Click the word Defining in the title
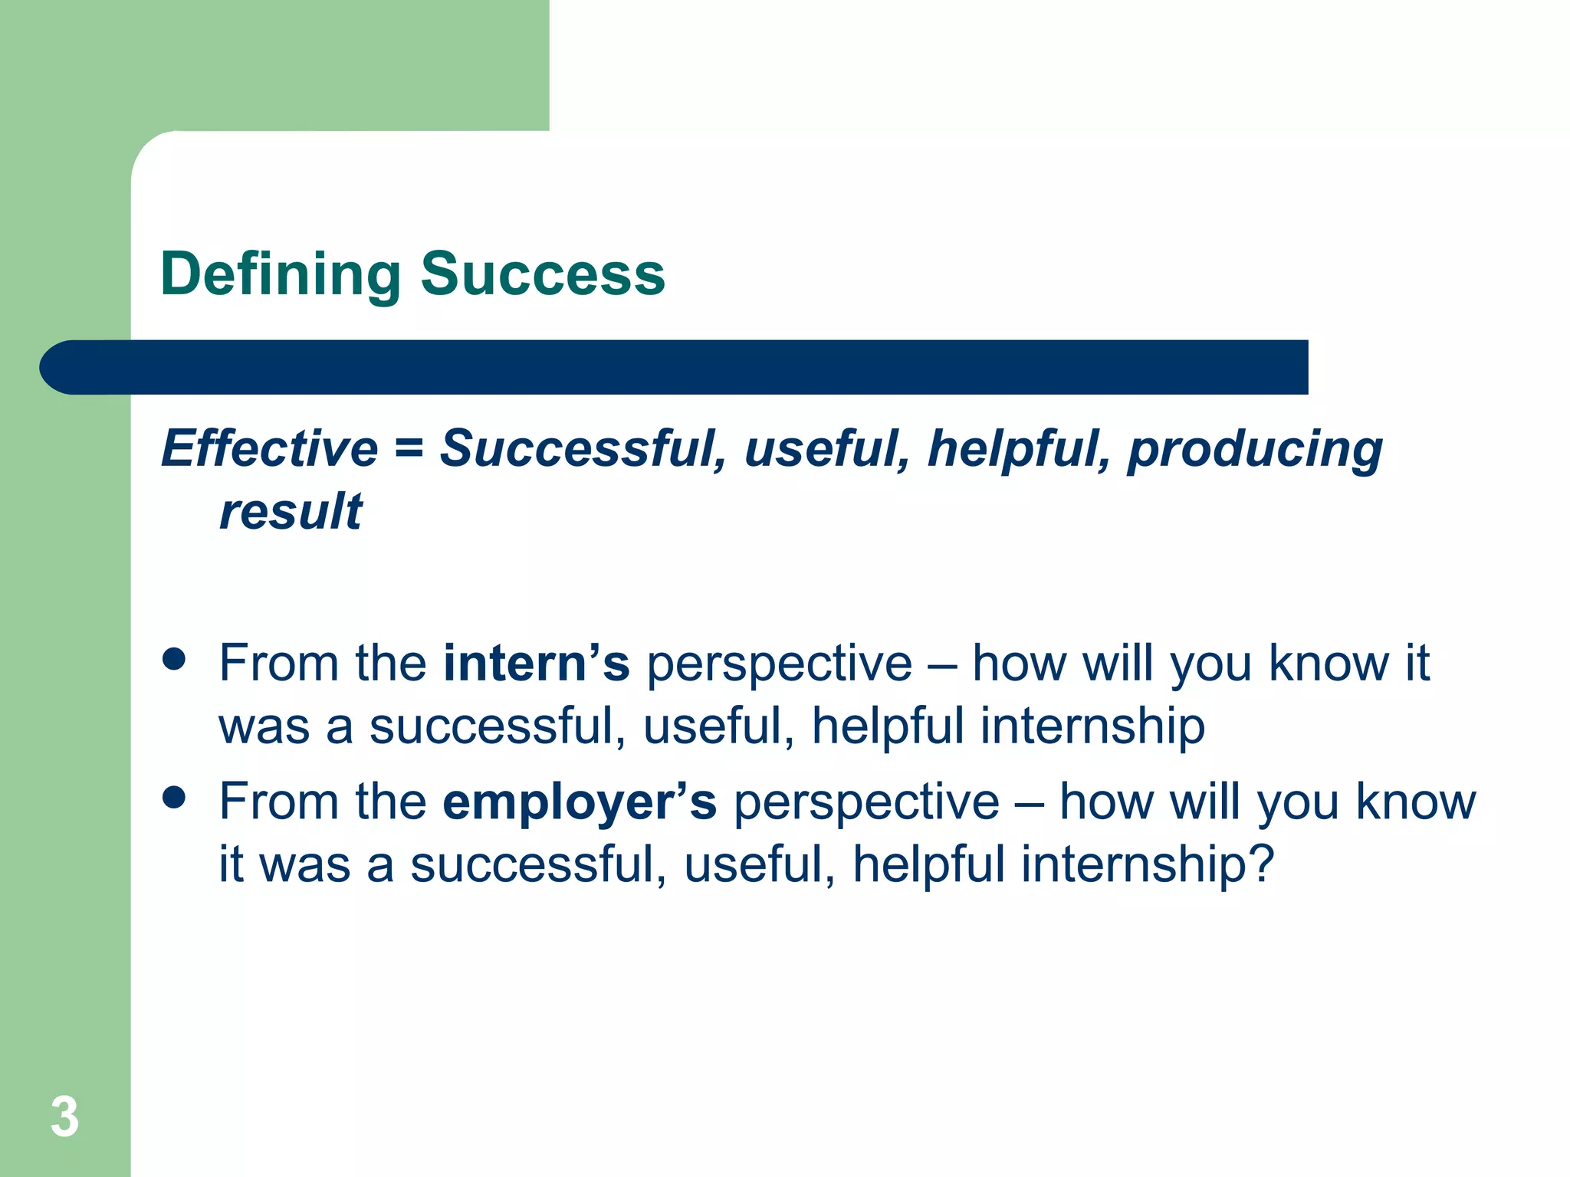tap(280, 274)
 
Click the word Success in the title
tap(542, 274)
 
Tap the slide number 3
tap(64, 1117)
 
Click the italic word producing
tap(1255, 451)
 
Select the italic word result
tap(291, 512)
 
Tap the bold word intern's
tap(537, 663)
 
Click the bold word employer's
tap(580, 803)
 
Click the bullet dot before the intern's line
tap(175, 660)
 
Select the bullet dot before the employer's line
tap(175, 798)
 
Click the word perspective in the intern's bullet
tap(780, 664)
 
